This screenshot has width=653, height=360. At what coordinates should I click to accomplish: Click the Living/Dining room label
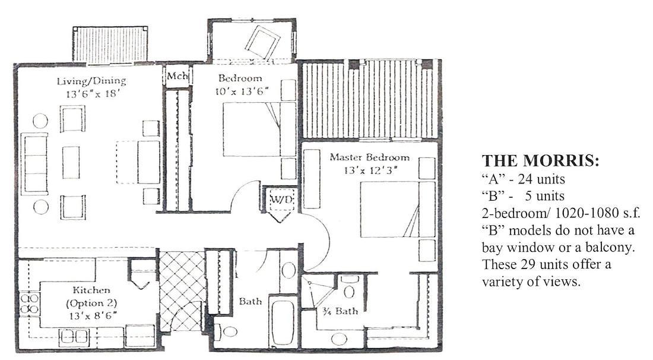91,81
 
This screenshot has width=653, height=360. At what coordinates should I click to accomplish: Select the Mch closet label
178,76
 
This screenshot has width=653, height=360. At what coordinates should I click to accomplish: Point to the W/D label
282,199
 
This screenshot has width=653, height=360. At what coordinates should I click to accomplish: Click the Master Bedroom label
369,157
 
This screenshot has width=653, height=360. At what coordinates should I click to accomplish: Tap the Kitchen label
91,290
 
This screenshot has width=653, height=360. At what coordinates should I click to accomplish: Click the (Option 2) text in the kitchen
91,303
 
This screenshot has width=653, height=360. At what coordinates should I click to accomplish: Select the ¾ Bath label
340,311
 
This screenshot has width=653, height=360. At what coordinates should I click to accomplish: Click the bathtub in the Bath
283,321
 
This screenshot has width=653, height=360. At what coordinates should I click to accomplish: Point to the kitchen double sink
74,337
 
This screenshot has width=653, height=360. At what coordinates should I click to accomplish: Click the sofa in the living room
34,164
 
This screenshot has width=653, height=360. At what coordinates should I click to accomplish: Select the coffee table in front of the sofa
71,162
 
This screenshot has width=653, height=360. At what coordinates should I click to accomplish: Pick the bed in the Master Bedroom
397,209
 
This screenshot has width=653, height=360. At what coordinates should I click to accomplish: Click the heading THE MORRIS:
540,161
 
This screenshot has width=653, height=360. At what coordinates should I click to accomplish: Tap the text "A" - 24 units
524,179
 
